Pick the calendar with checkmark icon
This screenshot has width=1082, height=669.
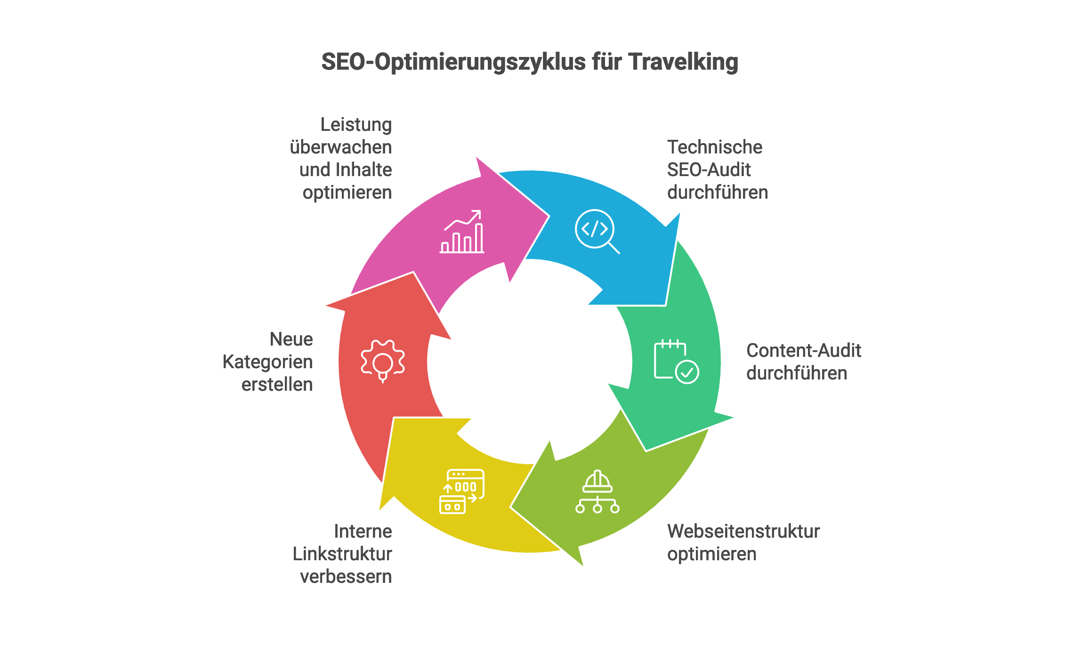pos(676,361)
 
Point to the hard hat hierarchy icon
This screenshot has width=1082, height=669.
pos(597,492)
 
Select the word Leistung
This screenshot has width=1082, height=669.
pos(356,125)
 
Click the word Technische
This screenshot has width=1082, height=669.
pos(714,147)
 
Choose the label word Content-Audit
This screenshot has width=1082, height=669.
pos(803,351)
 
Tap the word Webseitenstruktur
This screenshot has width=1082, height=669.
pos(743,532)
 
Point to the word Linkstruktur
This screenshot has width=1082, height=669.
pos(342,554)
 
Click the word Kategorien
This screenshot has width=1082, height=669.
pos(267,362)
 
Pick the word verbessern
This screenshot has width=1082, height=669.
pos(346,577)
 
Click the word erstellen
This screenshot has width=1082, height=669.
pos(277,385)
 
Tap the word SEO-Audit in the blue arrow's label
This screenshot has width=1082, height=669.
pos(709,170)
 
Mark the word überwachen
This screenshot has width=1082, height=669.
pos(340,147)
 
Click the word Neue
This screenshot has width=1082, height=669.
pos(291,339)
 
